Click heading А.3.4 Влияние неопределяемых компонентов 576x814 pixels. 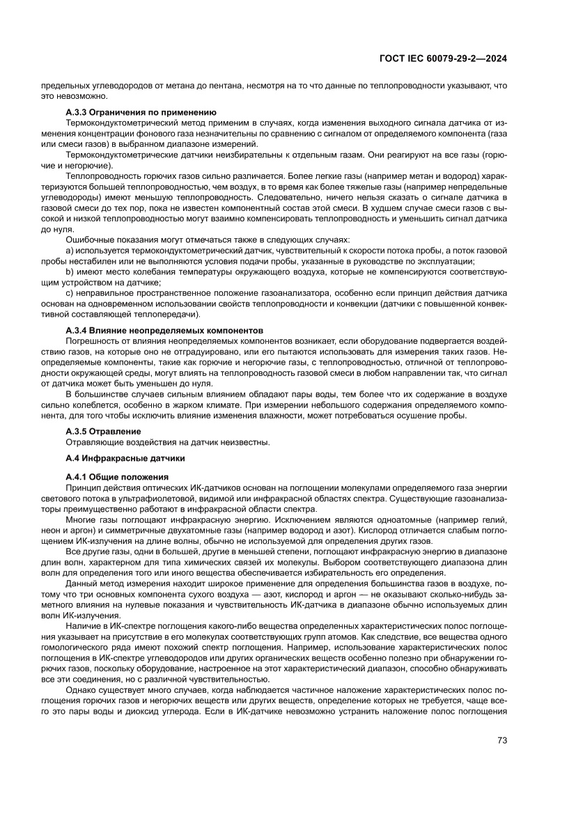click(x=164, y=329)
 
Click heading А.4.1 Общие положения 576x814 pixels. click(x=117, y=477)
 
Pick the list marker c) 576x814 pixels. click(x=70, y=293)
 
